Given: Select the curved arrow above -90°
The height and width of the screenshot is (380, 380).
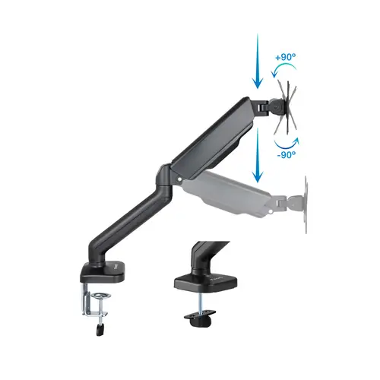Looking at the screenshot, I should pyautogui.click(x=286, y=141).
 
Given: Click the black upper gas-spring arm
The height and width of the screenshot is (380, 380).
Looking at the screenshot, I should pyautogui.click(x=213, y=133).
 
